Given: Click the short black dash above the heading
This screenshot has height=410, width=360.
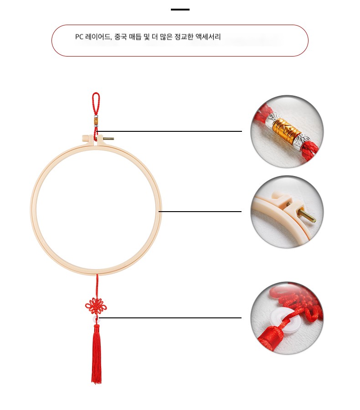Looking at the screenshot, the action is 180,10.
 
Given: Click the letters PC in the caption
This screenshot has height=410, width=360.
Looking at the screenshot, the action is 79,37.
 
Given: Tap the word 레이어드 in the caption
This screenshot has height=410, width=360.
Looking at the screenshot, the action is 98,37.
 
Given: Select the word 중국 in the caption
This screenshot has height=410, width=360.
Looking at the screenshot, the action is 121,37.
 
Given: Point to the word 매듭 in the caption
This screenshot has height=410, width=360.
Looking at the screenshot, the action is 136,37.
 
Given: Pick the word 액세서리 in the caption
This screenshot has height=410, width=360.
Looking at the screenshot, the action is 208,37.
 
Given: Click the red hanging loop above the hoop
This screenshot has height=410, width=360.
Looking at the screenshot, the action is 96,103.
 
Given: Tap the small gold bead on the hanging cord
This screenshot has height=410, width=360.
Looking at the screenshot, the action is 96,121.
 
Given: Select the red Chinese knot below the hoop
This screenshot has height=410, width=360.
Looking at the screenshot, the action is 96,306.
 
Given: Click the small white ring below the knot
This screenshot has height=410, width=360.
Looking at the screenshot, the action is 96,318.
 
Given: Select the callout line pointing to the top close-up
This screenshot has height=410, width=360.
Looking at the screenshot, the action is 169,131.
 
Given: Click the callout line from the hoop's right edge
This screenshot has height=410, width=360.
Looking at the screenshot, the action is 200,211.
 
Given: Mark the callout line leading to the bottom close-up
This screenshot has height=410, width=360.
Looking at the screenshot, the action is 170,318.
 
